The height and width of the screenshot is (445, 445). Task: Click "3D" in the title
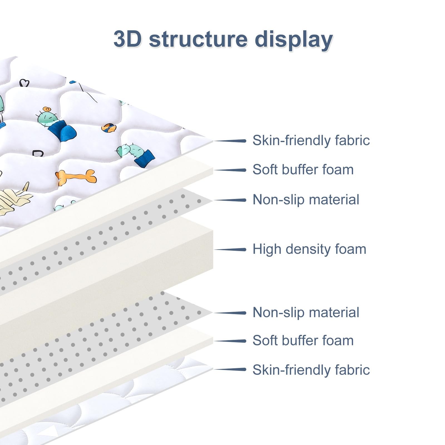[x=127, y=39]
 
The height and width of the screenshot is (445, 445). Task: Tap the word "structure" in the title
[x=198, y=39]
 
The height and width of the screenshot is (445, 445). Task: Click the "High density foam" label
[x=309, y=249]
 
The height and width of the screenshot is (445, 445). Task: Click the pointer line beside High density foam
[x=230, y=249]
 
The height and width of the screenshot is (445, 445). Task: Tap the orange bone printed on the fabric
[x=76, y=176]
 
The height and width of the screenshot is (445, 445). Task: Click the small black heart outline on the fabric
[x=24, y=83]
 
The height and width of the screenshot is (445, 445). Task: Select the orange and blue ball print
[x=108, y=128]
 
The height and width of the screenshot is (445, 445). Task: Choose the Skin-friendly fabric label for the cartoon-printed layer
[x=311, y=140]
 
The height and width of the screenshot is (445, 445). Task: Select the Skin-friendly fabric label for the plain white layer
[x=311, y=370]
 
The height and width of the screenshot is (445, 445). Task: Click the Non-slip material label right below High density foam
[x=306, y=312]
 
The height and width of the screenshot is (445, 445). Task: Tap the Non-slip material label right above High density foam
[x=306, y=199]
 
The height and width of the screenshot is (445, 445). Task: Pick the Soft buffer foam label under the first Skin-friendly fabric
[x=303, y=169]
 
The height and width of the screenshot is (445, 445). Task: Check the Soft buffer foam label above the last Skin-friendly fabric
[x=303, y=340]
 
